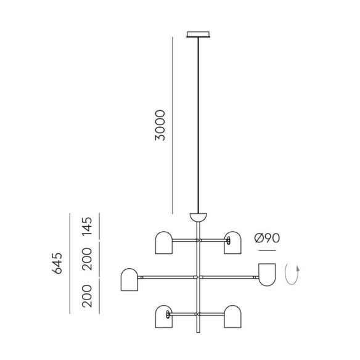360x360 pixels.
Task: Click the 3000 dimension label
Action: [x=160, y=125]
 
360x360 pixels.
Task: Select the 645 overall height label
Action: [x=57, y=263]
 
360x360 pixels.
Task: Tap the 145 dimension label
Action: [x=87, y=227]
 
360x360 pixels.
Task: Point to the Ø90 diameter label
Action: [x=268, y=238]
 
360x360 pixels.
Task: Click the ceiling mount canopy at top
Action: [x=198, y=34]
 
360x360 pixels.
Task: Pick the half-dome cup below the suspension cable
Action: [x=198, y=218]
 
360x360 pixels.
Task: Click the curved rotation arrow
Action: [x=292, y=274]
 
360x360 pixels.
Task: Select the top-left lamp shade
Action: [x=164, y=243]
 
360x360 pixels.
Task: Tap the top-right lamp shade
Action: [x=233, y=243]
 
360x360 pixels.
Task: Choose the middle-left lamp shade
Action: [x=129, y=280]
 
